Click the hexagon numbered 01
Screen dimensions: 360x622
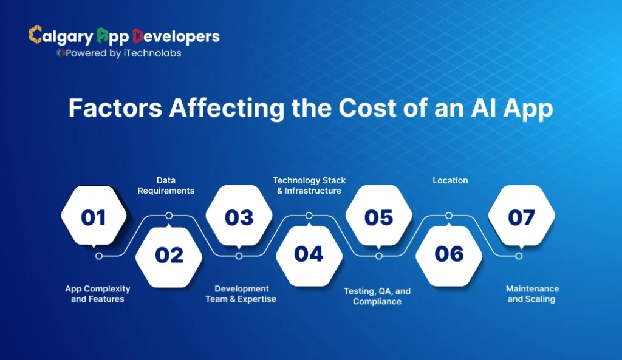(x=94, y=217)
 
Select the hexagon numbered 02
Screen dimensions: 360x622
(x=169, y=255)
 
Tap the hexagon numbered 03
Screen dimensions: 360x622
(x=239, y=217)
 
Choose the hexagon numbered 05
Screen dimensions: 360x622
(x=378, y=217)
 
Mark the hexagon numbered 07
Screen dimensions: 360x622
(x=521, y=217)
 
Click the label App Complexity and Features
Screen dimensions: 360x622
(x=98, y=294)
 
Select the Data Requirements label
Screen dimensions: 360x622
(x=166, y=185)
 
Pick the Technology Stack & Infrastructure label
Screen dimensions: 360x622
(x=309, y=185)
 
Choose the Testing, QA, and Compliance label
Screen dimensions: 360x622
(x=377, y=296)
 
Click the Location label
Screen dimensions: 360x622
(x=450, y=180)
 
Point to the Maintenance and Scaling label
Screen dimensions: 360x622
(x=533, y=294)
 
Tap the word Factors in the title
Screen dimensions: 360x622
(x=115, y=108)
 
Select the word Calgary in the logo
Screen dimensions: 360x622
(x=61, y=36)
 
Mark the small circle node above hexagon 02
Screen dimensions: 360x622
(x=169, y=216)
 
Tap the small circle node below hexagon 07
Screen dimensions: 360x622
(x=519, y=256)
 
